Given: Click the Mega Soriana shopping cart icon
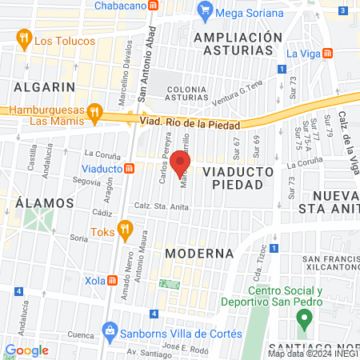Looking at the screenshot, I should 206,11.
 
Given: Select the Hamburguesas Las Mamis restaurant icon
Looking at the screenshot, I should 94,112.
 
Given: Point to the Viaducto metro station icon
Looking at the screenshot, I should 129,169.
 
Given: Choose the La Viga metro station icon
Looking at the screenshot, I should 329,54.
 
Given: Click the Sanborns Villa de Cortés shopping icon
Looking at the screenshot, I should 110,331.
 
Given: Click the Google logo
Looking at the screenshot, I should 26,350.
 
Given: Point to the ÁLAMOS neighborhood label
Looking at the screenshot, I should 33,202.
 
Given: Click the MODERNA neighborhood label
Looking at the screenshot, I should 199,253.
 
